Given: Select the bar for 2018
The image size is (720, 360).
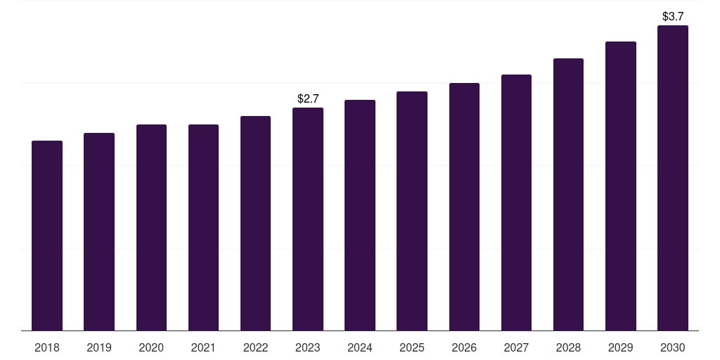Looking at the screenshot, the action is (47, 236).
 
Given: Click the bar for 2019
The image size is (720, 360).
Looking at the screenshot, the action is (99, 232).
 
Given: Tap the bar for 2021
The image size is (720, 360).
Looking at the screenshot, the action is (203, 228).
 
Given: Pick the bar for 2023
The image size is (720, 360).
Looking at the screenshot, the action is (308, 219).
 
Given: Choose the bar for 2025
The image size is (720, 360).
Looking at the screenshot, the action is (412, 211).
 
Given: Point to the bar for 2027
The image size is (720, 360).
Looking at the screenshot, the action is (516, 202).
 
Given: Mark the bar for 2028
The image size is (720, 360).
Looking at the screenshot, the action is (568, 195).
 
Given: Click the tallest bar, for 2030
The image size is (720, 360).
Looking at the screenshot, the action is (673, 178).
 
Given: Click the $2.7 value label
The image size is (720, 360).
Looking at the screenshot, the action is (308, 98).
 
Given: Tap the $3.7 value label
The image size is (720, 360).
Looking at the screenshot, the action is (673, 17).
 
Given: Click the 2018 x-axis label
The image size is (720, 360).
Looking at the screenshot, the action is (47, 347).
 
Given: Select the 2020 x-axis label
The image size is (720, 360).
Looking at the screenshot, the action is (151, 347).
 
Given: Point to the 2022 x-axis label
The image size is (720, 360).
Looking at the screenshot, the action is (255, 347).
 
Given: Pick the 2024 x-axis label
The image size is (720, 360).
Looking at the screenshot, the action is (360, 347).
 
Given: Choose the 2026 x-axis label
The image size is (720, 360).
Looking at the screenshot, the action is (464, 347).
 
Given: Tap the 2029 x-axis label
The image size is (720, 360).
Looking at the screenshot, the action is (620, 347).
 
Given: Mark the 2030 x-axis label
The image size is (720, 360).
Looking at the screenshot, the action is (673, 347).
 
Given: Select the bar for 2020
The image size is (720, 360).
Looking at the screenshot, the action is (152, 228).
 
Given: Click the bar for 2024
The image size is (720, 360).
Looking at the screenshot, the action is (360, 215).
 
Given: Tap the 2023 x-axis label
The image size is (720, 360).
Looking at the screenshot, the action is (308, 347).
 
